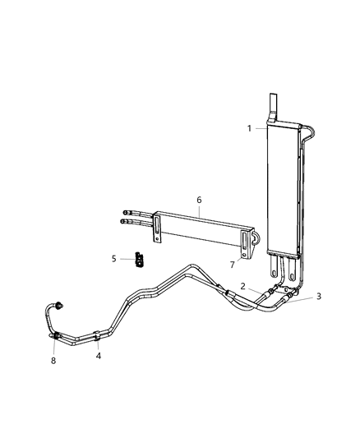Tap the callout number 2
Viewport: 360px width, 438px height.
243,286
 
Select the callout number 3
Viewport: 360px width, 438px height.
319,297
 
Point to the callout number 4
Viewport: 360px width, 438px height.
99,356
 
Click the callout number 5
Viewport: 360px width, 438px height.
114,258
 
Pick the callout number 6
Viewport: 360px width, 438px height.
198,200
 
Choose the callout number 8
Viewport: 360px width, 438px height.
53,359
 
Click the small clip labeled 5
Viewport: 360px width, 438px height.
138,260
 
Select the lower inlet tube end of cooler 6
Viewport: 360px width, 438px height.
125,220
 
